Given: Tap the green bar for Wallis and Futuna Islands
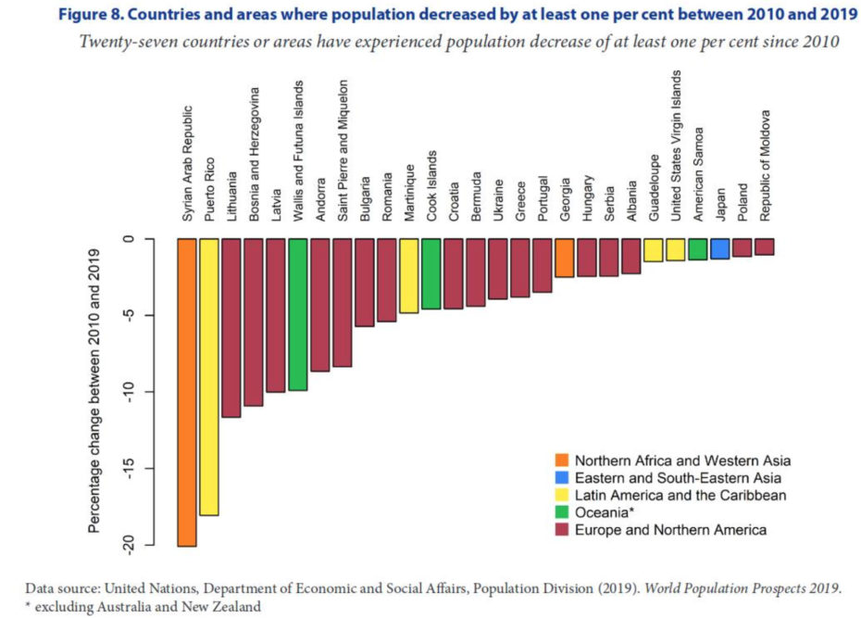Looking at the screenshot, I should coord(297,314).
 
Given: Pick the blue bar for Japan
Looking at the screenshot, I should coord(719,248).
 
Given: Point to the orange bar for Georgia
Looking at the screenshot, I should coord(564,258).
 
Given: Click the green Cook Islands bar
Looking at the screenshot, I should coord(430,273).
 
